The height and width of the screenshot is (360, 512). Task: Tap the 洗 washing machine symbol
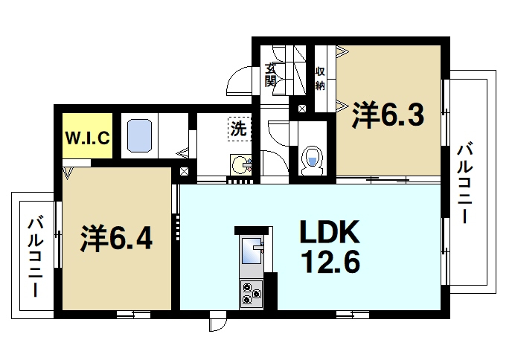(x=238, y=128)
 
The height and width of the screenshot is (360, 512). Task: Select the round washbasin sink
(x=240, y=163)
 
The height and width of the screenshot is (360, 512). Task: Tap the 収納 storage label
(x=320, y=78)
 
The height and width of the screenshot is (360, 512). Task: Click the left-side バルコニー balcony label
(x=33, y=257)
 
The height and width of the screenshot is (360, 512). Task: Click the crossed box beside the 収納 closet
(x=302, y=109)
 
